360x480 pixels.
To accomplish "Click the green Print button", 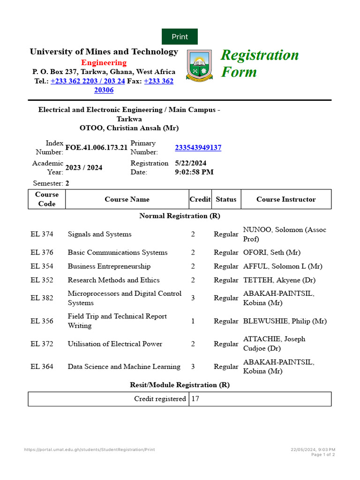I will pos(180,37).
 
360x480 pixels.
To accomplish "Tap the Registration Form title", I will pos(259,63).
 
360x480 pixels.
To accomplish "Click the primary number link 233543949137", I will pos(198,148).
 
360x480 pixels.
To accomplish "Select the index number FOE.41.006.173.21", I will pos(96,148).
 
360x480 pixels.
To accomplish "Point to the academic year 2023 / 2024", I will pos(84,168).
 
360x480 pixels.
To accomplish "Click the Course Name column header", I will pos(127,199).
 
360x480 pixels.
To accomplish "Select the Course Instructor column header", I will pos(286,199).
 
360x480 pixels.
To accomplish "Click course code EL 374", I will pos(42,234).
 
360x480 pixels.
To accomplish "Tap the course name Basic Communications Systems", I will pos(118,253).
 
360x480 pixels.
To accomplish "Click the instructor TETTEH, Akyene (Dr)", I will pos(279,280).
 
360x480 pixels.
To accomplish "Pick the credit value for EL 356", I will pos(193,321).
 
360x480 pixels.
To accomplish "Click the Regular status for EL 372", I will pos(226,344).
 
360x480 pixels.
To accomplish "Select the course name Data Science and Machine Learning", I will pos(124,367).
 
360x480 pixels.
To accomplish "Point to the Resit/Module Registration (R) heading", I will pos(180,385).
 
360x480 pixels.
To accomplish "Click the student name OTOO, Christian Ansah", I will pos(129,128).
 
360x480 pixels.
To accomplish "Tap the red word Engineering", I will pos(104,63).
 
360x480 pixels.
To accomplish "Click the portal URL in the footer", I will pos(89,450).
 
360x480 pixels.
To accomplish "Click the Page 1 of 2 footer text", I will pos(323,455).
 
